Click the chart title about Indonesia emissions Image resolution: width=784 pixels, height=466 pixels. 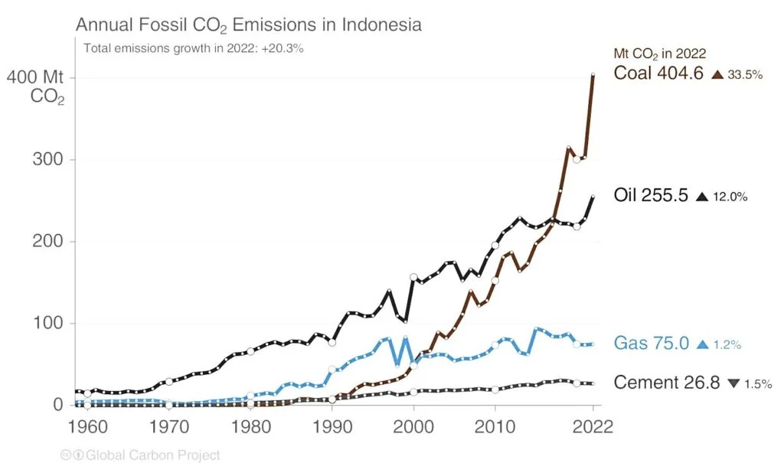coord(248,24)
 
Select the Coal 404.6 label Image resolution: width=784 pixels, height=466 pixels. coord(658,73)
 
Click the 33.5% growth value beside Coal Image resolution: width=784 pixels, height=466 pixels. coord(745,75)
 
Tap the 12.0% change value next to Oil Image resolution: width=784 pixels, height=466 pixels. coord(730,197)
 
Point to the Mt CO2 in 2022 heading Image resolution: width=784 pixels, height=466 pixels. coord(659,54)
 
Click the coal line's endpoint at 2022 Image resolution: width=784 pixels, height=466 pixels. coord(593,75)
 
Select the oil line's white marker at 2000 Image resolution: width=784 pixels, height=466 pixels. coord(413,277)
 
